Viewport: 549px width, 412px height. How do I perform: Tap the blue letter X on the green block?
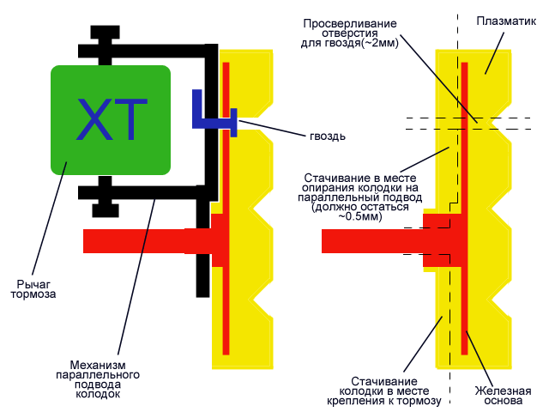pyautogui.click(x=92, y=120)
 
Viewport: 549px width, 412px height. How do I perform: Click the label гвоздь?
pyautogui.click(x=329, y=135)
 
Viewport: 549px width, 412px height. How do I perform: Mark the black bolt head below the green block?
pyautogui.click(x=104, y=206)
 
